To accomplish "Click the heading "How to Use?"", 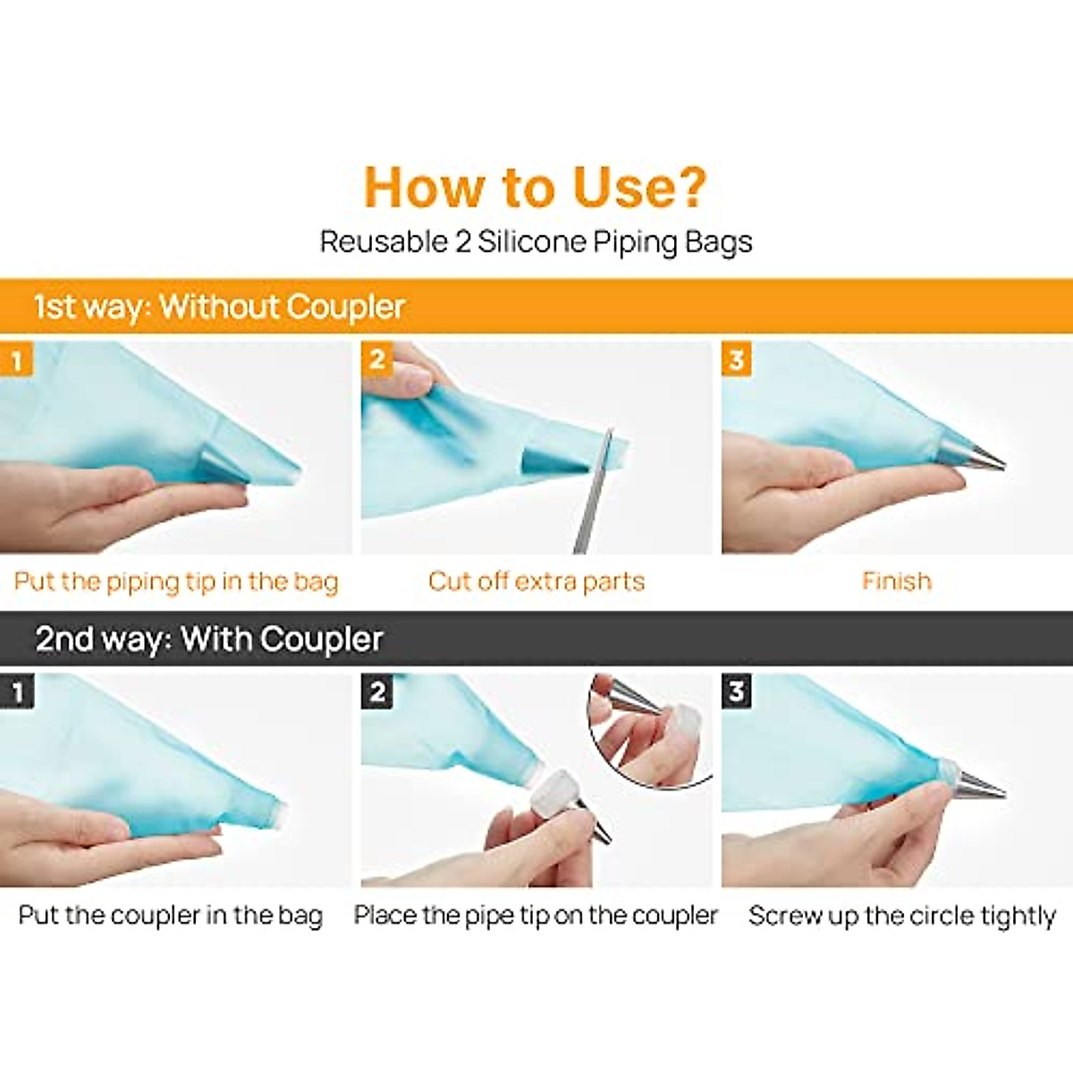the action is point(536,187).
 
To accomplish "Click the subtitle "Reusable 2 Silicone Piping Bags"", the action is point(536,242).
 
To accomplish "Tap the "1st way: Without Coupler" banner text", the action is point(219,307).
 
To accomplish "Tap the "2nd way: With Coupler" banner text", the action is point(209,638).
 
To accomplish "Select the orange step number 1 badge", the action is point(16,359).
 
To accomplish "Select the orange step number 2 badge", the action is point(377,359).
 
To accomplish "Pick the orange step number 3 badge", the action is point(737,359).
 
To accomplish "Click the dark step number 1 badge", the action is point(17,692).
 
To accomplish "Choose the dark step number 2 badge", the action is point(377,691).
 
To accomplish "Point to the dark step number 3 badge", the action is point(737,691).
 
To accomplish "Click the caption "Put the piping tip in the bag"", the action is point(176,582).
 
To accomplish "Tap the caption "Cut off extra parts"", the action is point(536,581).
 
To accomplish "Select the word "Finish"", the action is point(897,581).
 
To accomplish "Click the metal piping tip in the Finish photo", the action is point(972,456).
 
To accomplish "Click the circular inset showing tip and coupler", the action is point(650,730).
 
